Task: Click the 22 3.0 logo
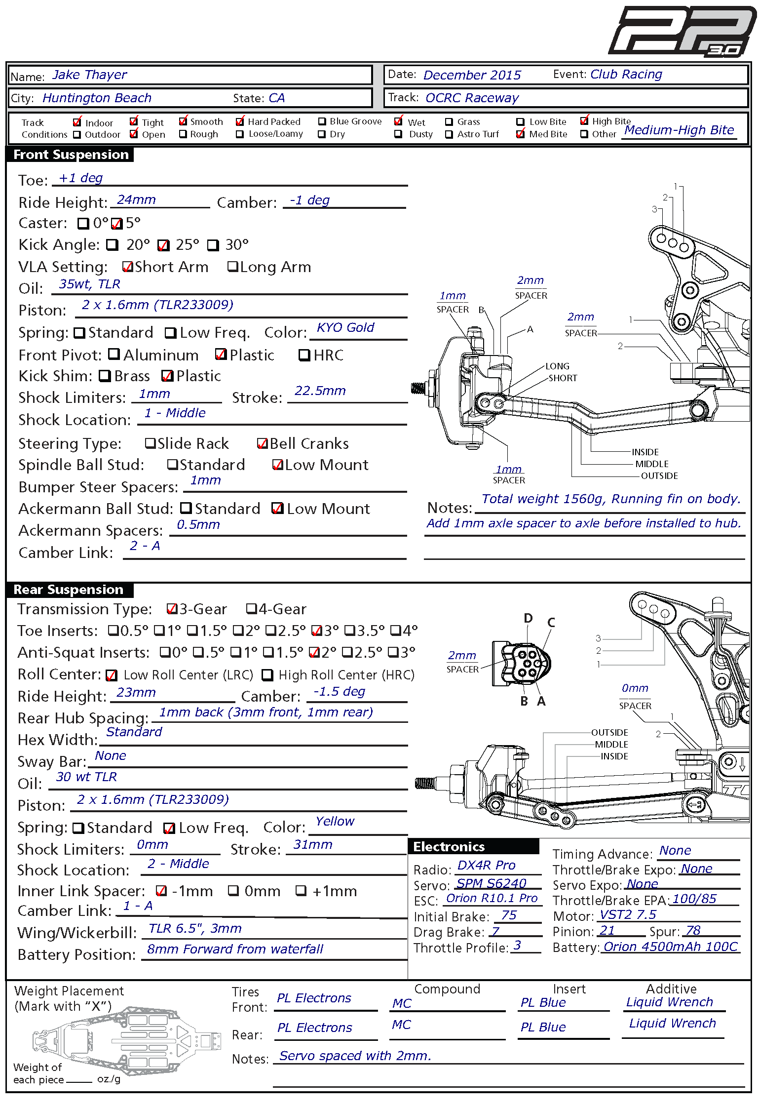[x=682, y=31]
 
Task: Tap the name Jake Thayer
[x=89, y=75]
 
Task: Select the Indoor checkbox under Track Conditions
[x=77, y=122]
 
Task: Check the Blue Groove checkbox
[x=322, y=121]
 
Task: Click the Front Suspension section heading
[x=71, y=155]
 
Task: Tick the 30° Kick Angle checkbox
[x=213, y=245]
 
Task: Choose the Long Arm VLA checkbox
[x=232, y=267]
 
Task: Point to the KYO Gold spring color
[x=345, y=328]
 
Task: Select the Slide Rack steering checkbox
[x=150, y=443]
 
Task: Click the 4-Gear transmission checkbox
[x=252, y=609]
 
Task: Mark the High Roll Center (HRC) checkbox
[x=267, y=674]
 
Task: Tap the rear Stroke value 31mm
[x=313, y=845]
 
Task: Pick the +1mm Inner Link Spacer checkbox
[x=301, y=891]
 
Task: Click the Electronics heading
[x=449, y=847]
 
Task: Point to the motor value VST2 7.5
[x=628, y=915]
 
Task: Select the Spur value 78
[x=693, y=931]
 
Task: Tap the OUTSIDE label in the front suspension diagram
[x=659, y=476]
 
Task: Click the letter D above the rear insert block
[x=528, y=618]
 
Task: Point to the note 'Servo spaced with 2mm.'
[x=355, y=1056]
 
